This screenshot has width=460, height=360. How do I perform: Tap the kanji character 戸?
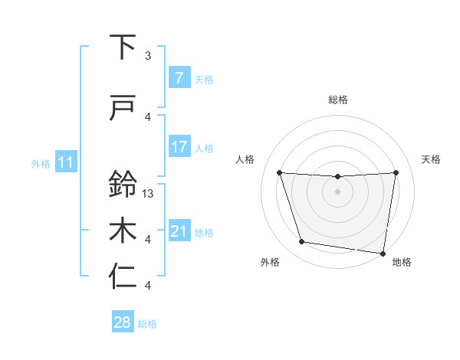point(123,108)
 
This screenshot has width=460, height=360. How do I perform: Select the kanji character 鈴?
point(123,185)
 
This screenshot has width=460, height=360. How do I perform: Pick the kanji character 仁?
point(123,277)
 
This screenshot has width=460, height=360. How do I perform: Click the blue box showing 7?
point(179,78)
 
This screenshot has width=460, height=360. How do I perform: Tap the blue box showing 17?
point(179,147)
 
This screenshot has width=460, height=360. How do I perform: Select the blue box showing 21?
point(179,231)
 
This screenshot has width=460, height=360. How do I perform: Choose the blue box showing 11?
point(65,162)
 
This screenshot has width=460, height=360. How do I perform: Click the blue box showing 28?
point(123,323)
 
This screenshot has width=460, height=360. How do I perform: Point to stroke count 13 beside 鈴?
point(149,194)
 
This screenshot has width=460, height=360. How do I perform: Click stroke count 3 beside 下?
point(148,56)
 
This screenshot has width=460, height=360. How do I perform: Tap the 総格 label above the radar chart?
point(338,100)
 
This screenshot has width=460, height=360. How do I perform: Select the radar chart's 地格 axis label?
point(402,263)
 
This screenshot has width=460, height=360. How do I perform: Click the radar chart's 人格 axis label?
point(245,159)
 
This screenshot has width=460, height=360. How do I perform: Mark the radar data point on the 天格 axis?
point(396,172)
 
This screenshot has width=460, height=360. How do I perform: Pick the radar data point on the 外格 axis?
point(302,242)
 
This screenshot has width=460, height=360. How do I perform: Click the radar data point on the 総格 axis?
point(337,177)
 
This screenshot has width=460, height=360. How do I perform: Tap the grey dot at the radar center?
point(337,191)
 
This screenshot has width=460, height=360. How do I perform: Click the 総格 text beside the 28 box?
point(147,324)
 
